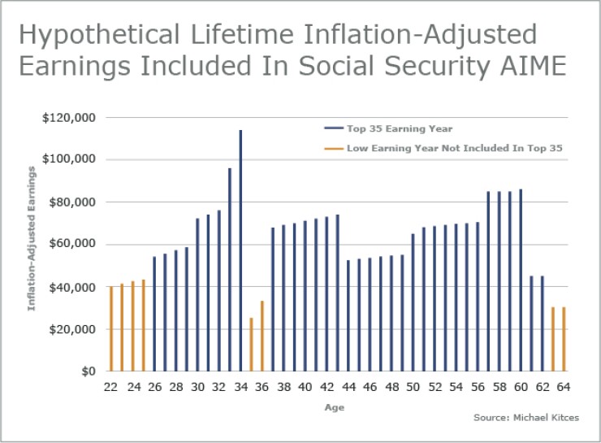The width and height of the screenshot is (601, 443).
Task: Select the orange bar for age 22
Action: click(x=111, y=328)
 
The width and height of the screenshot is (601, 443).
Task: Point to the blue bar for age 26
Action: click(x=154, y=314)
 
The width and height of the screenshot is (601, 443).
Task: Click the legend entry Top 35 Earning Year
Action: click(x=387, y=128)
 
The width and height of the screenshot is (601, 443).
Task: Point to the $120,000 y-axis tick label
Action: click(x=68, y=118)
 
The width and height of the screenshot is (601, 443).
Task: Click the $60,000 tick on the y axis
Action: click(x=71, y=245)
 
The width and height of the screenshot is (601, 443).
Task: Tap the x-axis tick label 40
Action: click(x=305, y=388)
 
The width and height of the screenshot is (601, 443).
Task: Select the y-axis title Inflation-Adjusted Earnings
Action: click(x=32, y=238)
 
